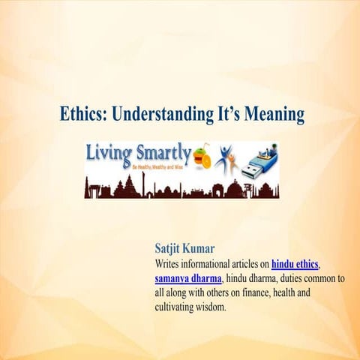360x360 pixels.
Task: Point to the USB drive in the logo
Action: (260, 160)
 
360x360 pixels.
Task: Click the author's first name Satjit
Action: (171, 248)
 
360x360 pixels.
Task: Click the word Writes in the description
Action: (168, 264)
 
